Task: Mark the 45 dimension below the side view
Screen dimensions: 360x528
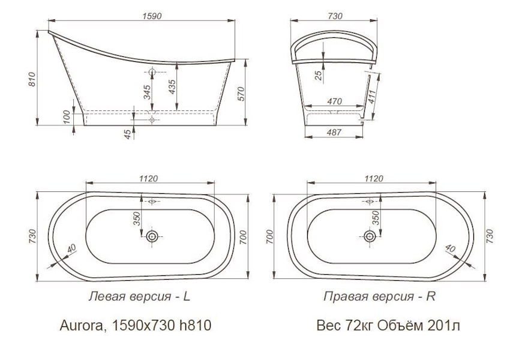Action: click(128, 133)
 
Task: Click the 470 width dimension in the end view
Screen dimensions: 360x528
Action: click(334, 103)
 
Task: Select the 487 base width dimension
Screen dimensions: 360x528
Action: click(334, 133)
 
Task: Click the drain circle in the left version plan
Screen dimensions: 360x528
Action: click(152, 236)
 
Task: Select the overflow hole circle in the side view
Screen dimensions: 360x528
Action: click(152, 73)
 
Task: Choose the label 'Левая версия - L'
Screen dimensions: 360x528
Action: click(140, 296)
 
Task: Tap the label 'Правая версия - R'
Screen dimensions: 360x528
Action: click(379, 296)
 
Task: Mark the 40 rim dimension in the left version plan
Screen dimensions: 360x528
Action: click(71, 248)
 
